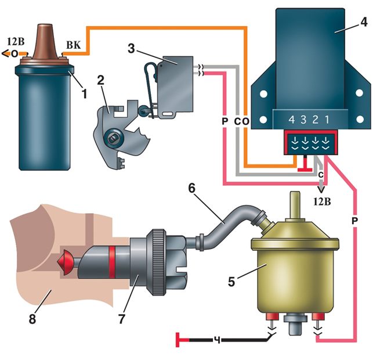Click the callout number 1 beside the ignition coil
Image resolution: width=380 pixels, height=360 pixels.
(84, 94)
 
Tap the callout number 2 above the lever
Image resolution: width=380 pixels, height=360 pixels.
(100, 80)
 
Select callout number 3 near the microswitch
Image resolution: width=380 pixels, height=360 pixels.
(131, 49)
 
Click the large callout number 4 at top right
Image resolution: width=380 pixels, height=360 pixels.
(364, 21)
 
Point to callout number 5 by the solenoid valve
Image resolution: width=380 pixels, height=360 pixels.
(231, 282)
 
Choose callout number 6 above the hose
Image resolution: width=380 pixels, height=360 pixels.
(191, 188)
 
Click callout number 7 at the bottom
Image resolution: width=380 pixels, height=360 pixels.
(122, 318)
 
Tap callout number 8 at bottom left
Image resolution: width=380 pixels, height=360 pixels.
(32, 318)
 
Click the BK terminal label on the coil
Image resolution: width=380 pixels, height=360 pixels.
(74, 45)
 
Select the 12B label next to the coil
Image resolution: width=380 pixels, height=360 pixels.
(16, 41)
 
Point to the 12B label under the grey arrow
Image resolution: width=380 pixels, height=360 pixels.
(322, 201)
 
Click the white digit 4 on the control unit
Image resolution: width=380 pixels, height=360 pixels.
(292, 120)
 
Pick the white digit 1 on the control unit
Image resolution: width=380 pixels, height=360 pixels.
(327, 120)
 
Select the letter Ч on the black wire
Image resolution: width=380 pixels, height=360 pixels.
(218, 340)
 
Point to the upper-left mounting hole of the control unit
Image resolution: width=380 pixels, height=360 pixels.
(263, 93)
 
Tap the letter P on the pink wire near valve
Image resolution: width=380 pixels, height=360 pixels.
(354, 221)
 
